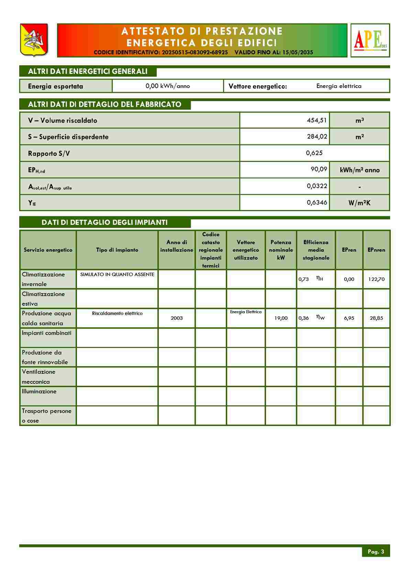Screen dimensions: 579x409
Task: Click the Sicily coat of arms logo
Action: pos(34,40)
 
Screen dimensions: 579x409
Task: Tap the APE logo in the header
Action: pos(370,40)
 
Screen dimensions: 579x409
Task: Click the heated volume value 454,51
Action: pos(317,120)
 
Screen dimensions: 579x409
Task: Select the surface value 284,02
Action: pos(317,136)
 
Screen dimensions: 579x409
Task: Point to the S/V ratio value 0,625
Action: pos(314,153)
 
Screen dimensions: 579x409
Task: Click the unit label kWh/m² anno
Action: pos(360,170)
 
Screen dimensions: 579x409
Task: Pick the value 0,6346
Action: pos(317,203)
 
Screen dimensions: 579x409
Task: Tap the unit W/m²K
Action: pos(360,203)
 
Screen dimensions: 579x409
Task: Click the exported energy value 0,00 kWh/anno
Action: pos(168,86)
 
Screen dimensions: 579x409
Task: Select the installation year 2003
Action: pos(177,318)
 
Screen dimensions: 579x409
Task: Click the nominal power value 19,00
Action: pos(281,318)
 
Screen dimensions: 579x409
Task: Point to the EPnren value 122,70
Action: pos(376,279)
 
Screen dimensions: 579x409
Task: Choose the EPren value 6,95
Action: pos(349,318)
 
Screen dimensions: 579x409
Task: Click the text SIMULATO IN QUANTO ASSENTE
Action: pos(117,274)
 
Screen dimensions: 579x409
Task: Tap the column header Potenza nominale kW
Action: pos(281,250)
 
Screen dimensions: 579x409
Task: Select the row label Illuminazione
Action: pos(39,391)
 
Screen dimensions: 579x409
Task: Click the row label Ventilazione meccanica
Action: pos(38,376)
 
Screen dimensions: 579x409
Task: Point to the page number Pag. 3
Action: pos(376,551)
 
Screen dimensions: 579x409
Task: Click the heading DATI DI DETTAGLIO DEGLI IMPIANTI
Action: pos(104,222)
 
